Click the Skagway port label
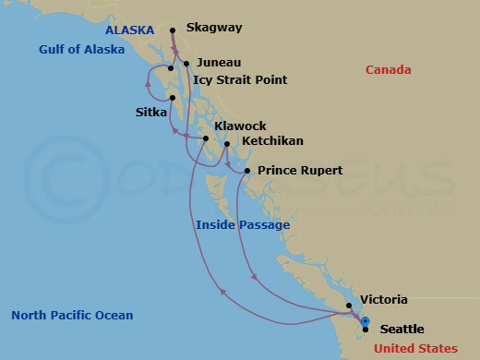(x=214, y=28)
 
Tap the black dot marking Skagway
(x=174, y=31)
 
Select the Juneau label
(x=219, y=63)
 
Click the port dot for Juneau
(x=186, y=64)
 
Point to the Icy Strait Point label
(x=240, y=80)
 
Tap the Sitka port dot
(x=173, y=98)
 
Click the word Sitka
(x=150, y=114)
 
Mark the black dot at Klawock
(x=206, y=138)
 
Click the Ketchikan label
(x=272, y=141)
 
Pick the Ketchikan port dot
(x=227, y=144)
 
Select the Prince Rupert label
(x=300, y=171)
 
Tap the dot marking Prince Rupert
(x=246, y=171)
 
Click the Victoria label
(x=383, y=300)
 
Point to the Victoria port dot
(x=348, y=306)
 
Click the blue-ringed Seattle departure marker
(x=366, y=322)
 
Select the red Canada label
(x=388, y=70)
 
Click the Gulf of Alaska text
(x=81, y=50)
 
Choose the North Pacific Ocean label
(x=72, y=316)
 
